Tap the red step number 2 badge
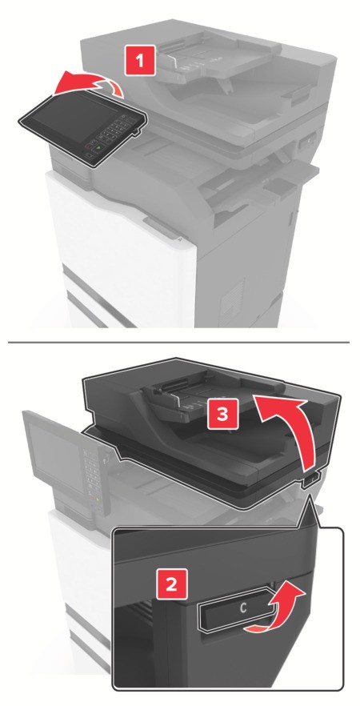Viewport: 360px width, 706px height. [x=171, y=585]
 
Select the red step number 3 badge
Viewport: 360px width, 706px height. [x=222, y=414]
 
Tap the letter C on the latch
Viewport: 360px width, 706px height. [x=243, y=608]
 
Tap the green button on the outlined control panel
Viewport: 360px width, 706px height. [x=98, y=146]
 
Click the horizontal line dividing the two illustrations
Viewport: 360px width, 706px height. [x=178, y=343]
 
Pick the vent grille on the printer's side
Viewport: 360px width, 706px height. [x=233, y=298]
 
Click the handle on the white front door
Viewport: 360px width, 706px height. [x=161, y=227]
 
